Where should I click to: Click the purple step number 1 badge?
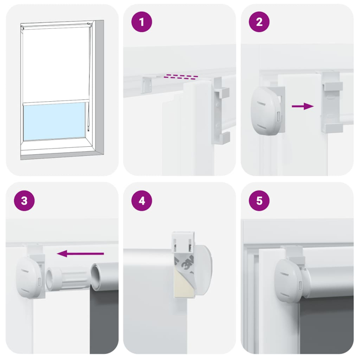click(x=142, y=22)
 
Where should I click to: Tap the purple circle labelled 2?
click(x=259, y=22)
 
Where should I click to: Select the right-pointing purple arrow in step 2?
click(x=302, y=106)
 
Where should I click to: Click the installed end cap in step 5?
click(x=288, y=279)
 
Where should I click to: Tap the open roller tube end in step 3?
click(x=99, y=277)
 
